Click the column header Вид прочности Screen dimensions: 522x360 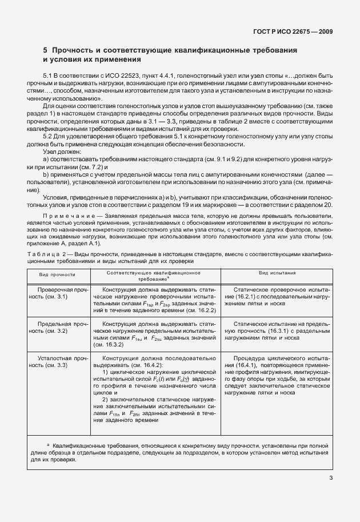coord(57,274)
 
